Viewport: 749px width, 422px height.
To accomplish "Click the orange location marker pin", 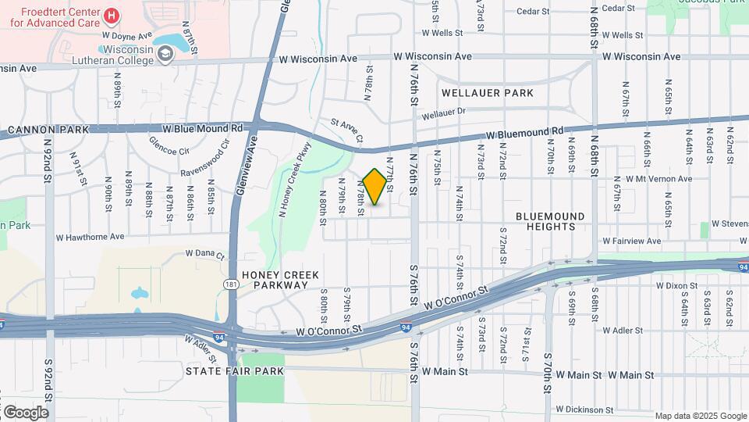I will [374, 188].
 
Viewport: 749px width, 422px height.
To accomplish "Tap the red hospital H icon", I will [112, 16].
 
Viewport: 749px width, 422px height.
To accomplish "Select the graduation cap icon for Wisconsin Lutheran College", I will [165, 53].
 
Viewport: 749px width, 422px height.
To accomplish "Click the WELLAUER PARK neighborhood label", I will [488, 93].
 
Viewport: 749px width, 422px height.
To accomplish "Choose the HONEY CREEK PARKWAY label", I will [275, 280].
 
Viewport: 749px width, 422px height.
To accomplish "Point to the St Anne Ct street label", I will [347, 131].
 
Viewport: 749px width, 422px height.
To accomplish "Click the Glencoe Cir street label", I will [169, 148].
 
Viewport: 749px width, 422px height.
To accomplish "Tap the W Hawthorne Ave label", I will [90, 236].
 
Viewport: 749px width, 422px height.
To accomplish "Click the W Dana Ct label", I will [204, 255].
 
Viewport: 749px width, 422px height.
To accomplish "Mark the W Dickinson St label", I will [585, 409].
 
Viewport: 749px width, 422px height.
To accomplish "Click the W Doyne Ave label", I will [126, 36].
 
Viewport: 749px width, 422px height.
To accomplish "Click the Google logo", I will [25, 412].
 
